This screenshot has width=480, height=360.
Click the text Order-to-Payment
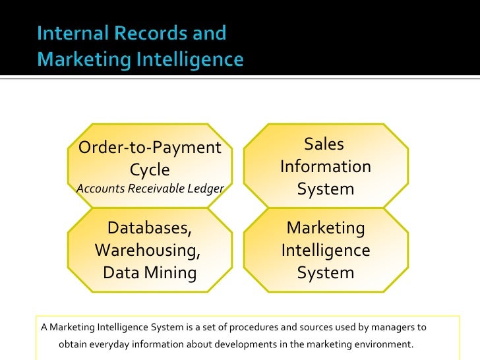(x=150, y=147)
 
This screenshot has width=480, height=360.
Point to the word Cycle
(x=150, y=169)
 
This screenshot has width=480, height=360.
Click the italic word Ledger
(x=207, y=189)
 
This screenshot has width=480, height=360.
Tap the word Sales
(x=325, y=144)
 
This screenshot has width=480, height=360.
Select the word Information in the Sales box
(x=325, y=167)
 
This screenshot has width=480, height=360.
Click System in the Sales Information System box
(x=325, y=189)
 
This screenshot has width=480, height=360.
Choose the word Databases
(x=150, y=228)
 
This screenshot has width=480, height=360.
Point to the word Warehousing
(x=148, y=251)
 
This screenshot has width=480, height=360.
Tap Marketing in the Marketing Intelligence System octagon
(x=325, y=228)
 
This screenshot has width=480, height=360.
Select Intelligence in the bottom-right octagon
(x=325, y=251)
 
